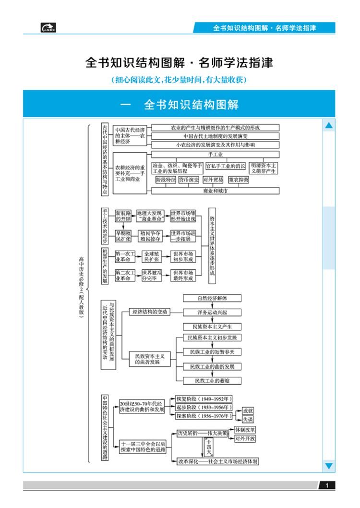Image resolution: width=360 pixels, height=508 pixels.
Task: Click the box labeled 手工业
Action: tap(215, 155)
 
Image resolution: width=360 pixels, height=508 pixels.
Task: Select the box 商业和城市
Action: tap(215, 191)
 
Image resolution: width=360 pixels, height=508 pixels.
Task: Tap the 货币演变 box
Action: tap(189, 180)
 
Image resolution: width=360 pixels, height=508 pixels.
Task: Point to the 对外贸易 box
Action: tap(213, 180)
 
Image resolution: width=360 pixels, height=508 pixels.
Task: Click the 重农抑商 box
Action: tap(239, 180)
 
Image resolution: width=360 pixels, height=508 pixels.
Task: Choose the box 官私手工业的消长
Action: tap(226, 166)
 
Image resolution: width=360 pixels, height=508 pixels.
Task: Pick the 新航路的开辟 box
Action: tap(123, 216)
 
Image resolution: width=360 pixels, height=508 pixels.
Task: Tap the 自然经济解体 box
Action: tap(212, 298)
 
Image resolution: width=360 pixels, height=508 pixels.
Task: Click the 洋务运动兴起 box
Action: tap(212, 312)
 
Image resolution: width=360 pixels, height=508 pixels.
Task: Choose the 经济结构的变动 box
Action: tap(150, 312)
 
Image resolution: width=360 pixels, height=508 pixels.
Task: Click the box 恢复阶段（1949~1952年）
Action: tap(204, 399)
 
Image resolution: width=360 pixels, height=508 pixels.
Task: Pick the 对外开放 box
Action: tap(245, 439)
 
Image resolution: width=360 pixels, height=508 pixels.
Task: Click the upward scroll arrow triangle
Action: tap(329, 126)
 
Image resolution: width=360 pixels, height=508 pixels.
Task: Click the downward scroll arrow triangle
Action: tap(329, 465)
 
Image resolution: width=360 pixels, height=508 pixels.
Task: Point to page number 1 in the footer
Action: tap(327, 486)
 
